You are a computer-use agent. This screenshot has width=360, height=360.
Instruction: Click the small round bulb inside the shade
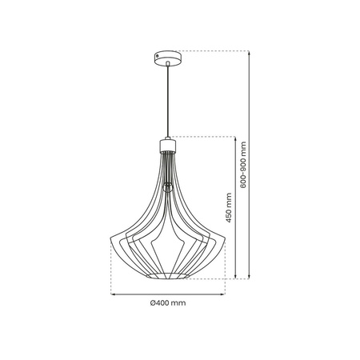pyautogui.click(x=167, y=187)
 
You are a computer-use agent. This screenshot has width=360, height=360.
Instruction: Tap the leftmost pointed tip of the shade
pyautogui.click(x=109, y=239)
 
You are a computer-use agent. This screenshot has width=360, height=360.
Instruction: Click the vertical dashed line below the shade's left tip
pyautogui.click(x=110, y=268)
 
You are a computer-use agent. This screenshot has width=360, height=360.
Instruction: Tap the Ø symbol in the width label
pyautogui.click(x=152, y=303)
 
